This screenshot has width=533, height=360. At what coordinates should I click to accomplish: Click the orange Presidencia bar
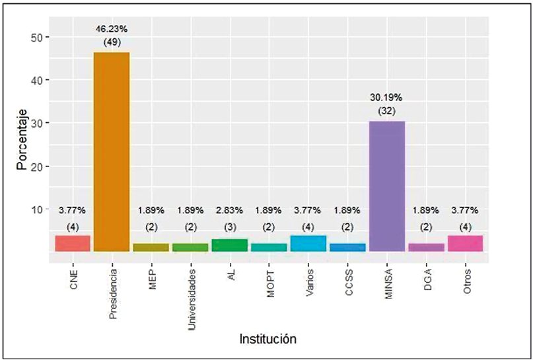[x=112, y=151]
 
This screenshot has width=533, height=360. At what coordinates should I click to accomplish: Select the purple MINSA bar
[x=386, y=186]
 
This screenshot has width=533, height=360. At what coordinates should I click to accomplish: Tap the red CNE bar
[x=73, y=243]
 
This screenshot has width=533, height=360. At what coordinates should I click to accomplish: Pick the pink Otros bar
[x=465, y=243]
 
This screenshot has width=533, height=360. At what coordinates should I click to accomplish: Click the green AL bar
[x=229, y=245]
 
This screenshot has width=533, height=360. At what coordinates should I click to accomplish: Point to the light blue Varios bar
[x=308, y=243]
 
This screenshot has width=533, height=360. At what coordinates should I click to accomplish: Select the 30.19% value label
[x=386, y=98]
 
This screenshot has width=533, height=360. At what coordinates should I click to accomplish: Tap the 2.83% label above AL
[x=229, y=210]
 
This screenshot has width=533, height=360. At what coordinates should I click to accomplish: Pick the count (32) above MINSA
[x=386, y=112]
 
